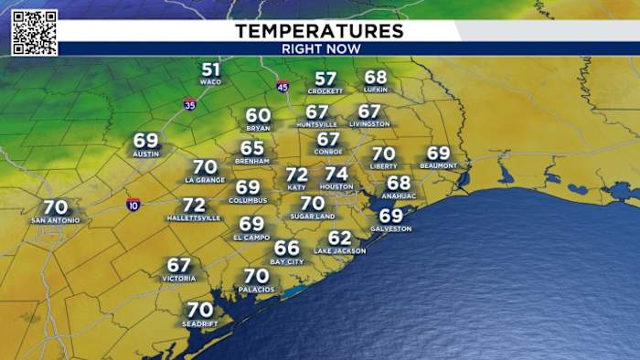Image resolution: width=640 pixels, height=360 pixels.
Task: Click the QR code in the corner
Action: pyautogui.click(x=35, y=33)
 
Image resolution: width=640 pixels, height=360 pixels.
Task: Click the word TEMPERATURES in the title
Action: pyautogui.click(x=319, y=31)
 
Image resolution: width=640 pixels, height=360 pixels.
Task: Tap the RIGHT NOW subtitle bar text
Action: pyautogui.click(x=320, y=48)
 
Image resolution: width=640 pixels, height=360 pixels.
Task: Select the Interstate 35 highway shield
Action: pyautogui.click(x=189, y=104)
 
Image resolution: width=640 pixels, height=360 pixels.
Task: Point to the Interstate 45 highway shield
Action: pyautogui.click(x=283, y=86)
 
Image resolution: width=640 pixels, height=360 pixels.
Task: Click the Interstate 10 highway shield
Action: pyautogui.click(x=133, y=203)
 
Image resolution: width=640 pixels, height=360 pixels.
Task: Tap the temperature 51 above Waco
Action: pyautogui.click(x=211, y=69)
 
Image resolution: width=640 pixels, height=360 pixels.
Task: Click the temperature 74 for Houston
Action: pyautogui.click(x=336, y=174)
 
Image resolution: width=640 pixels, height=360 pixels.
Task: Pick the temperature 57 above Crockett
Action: pyautogui.click(x=325, y=79)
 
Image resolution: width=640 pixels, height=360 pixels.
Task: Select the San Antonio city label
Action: pyautogui.click(x=55, y=220)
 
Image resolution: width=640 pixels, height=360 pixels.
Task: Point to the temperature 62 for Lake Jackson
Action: pyautogui.click(x=339, y=238)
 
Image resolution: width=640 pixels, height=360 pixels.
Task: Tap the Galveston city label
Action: pyautogui.click(x=390, y=228)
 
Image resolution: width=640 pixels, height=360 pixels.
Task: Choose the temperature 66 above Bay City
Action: pyautogui.click(x=287, y=248)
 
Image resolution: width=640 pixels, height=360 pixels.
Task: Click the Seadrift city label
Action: pyautogui.click(x=199, y=323)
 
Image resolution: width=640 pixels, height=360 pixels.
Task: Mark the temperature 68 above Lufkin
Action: pyautogui.click(x=376, y=77)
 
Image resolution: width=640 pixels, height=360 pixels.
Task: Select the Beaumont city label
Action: pyautogui.click(x=438, y=165)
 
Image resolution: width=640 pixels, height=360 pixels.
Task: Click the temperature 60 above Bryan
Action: pyautogui.click(x=259, y=116)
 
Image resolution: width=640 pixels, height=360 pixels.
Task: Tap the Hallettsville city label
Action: pyautogui.click(x=194, y=218)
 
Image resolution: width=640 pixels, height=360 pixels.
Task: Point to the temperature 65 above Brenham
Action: pyautogui.click(x=252, y=147)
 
